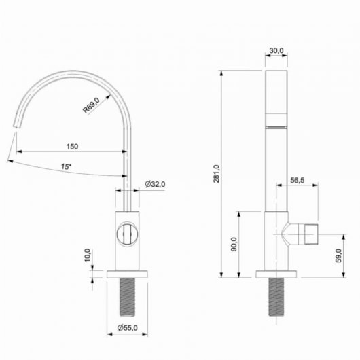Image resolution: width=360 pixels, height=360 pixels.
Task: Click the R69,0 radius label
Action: [92, 105]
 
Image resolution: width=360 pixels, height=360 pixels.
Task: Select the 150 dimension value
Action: [72, 147]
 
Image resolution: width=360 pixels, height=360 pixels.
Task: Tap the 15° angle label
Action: [66, 167]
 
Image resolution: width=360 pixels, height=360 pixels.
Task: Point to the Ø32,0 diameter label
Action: [155, 184]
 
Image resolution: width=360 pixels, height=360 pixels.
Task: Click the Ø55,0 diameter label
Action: [128, 328]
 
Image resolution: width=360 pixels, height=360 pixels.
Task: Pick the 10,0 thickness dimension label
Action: [88, 255]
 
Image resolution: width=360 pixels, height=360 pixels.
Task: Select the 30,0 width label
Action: [276, 50]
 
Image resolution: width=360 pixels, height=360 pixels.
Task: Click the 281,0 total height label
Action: [216, 174]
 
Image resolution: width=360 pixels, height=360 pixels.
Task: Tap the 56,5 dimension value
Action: [298, 180]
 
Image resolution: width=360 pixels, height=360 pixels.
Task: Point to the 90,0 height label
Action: [234, 244]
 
